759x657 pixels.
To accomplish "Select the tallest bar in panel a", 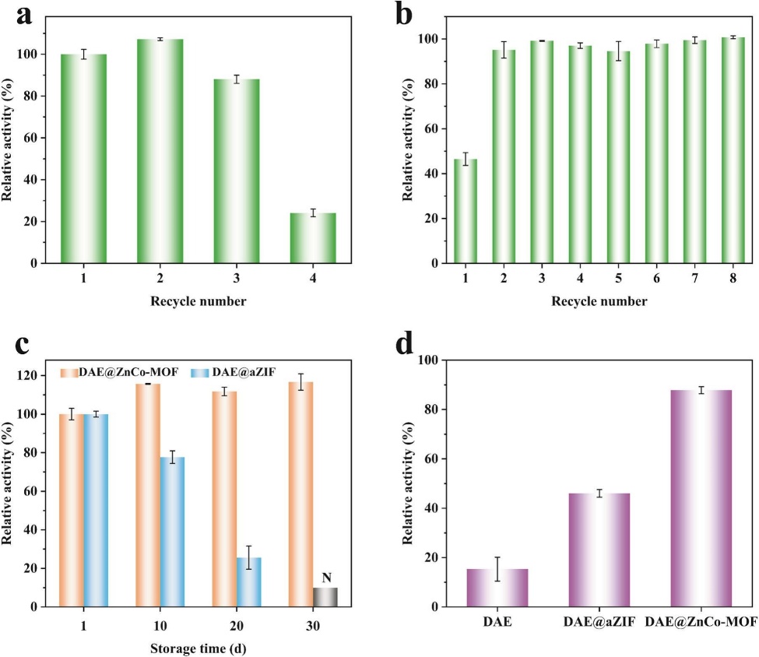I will [160, 151].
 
